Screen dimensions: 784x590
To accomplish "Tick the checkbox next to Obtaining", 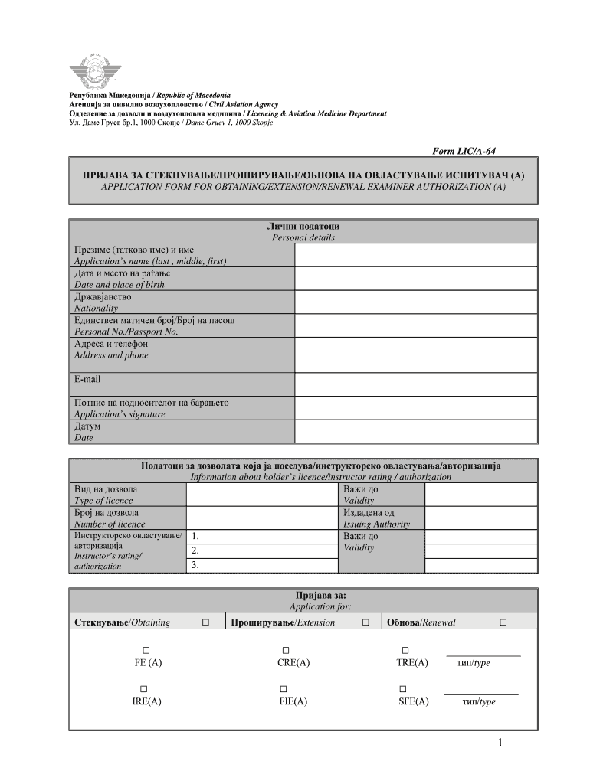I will (x=205, y=622).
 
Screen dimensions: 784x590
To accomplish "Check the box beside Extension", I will (x=366, y=622).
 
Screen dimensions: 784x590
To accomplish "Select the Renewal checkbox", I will (x=503, y=622).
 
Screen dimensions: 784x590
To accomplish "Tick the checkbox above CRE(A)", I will (x=284, y=650).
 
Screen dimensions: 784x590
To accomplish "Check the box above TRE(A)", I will (x=405, y=650).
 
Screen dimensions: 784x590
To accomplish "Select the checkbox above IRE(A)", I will (x=143, y=688).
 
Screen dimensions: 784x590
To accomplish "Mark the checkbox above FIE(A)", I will (x=284, y=688).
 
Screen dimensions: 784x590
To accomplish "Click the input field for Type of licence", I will (x=262, y=494).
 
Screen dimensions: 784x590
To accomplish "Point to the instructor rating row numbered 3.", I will (x=262, y=565).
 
